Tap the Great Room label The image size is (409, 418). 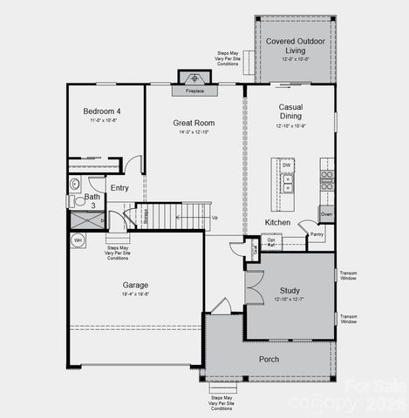(x=194, y=124)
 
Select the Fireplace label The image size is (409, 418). (x=194, y=91)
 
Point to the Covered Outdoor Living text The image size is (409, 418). (x=296, y=45)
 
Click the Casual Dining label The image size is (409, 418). (x=290, y=111)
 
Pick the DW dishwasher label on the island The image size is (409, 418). (x=286, y=164)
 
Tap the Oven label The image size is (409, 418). (x=326, y=213)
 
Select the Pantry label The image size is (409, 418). (x=317, y=233)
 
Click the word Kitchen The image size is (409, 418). (x=277, y=223)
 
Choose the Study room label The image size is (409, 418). (x=290, y=290)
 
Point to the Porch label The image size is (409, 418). (x=269, y=359)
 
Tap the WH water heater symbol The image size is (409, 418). (x=78, y=239)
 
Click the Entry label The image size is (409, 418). (x=119, y=187)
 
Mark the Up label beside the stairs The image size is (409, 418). (x=215, y=218)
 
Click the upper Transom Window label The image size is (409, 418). (x=348, y=277)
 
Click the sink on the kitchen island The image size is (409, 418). (x=287, y=183)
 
